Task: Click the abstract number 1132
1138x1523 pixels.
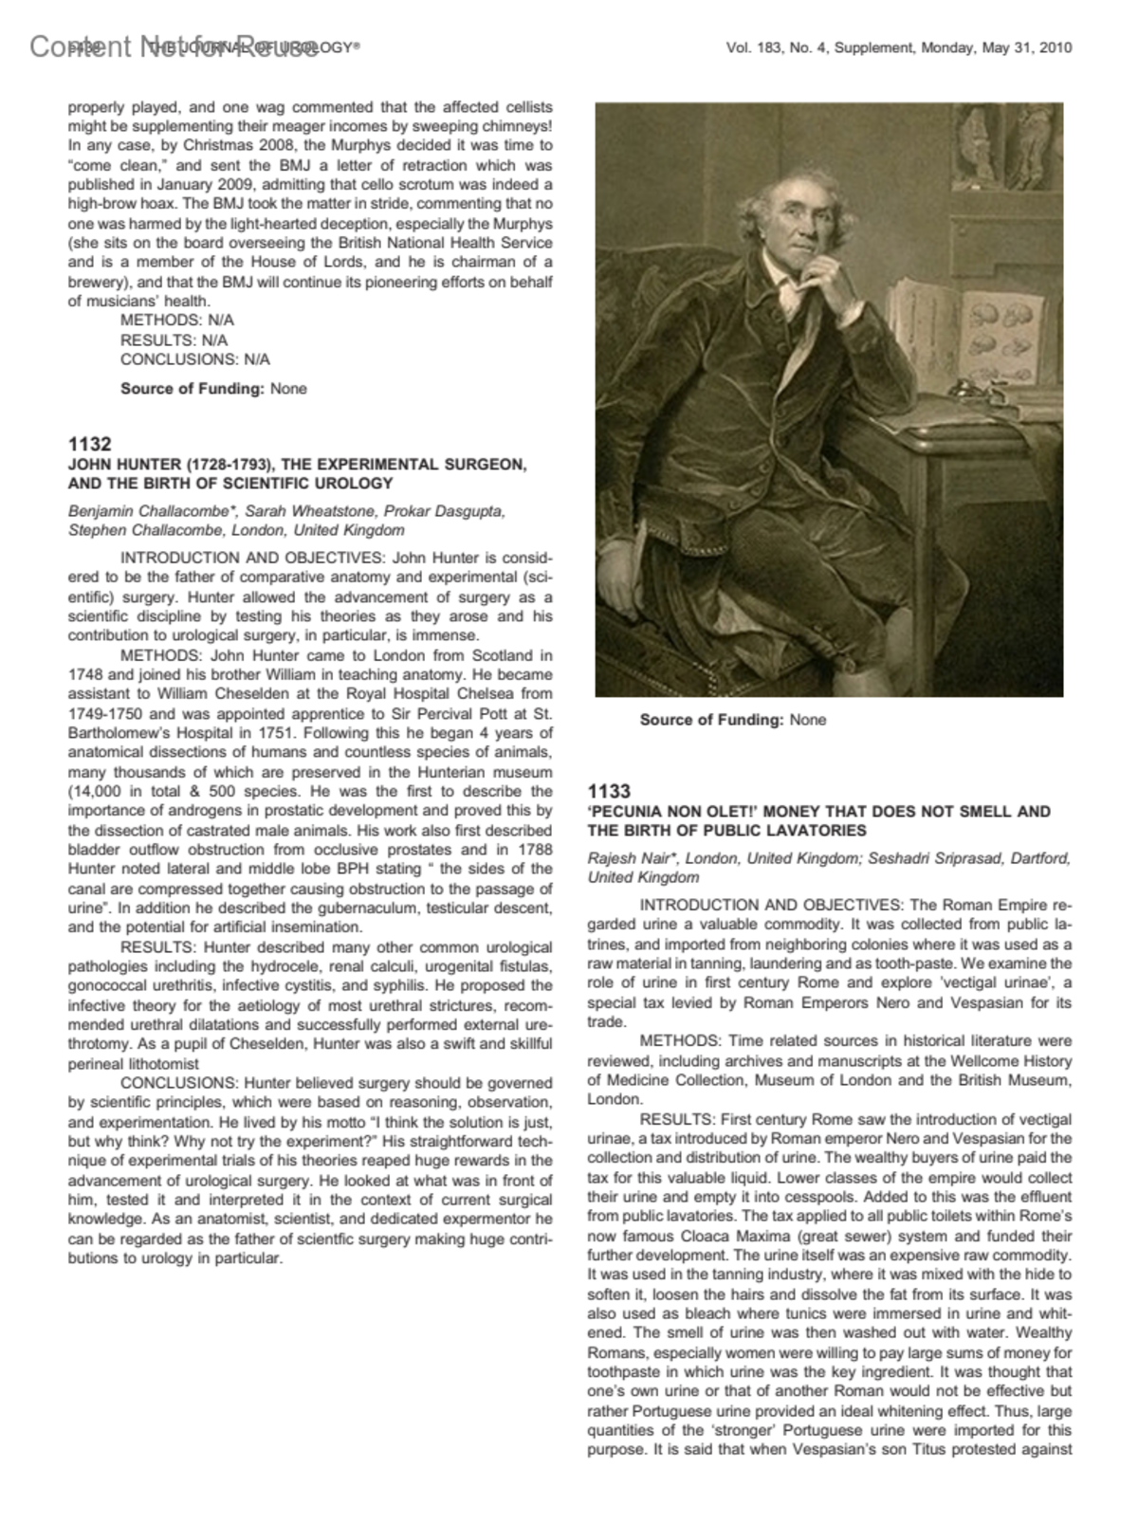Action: (x=90, y=444)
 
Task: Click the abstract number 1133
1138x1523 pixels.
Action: (x=609, y=791)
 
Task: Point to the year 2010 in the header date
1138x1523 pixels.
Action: (x=1055, y=48)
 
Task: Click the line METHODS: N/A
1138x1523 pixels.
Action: (x=176, y=321)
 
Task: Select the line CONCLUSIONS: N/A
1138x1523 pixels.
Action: (x=194, y=359)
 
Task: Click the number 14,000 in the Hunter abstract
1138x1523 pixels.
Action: (x=96, y=791)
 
